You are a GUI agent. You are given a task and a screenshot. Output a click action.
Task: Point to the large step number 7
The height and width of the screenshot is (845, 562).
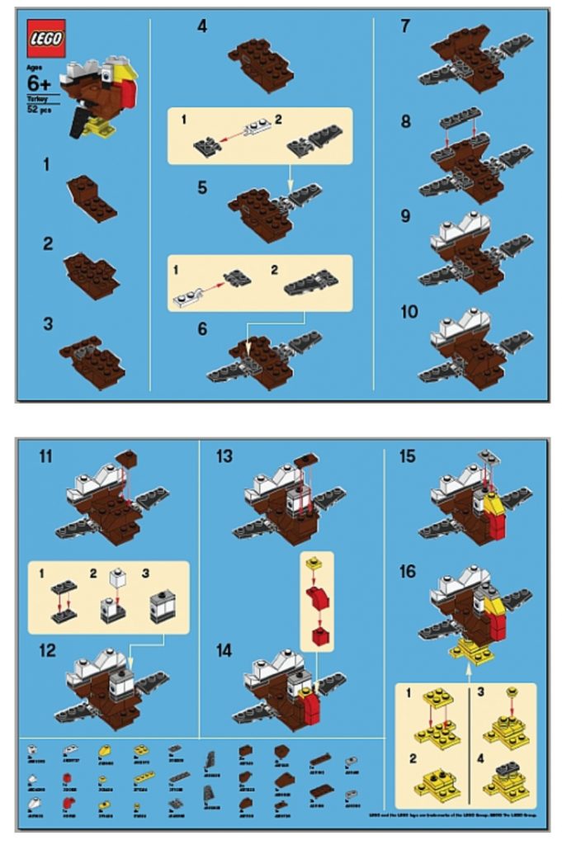(405, 26)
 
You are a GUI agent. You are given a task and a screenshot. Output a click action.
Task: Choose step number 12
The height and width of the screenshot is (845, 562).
(47, 650)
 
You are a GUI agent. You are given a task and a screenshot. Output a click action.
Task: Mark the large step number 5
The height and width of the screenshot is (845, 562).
(202, 187)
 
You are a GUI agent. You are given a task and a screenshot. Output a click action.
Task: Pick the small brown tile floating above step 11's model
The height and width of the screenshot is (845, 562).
(128, 457)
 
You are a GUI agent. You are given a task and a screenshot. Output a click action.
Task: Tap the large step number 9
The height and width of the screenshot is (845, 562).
(405, 217)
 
